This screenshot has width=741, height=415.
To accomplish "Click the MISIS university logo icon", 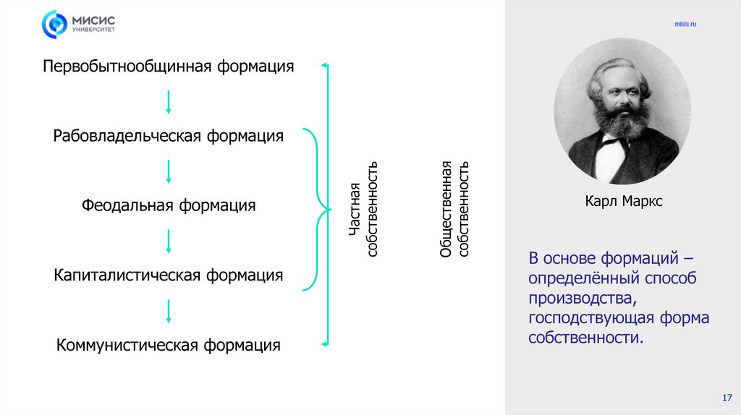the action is [x=54, y=24].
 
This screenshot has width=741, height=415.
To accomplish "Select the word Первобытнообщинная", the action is [x=125, y=67].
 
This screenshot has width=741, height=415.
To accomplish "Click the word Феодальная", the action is [x=127, y=205].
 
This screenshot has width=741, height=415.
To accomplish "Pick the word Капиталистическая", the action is [x=128, y=275].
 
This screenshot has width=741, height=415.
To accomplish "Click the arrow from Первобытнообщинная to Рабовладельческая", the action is [x=169, y=101].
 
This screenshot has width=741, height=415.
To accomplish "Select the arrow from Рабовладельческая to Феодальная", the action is [x=169, y=171].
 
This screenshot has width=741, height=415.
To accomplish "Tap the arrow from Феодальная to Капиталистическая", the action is [x=169, y=241].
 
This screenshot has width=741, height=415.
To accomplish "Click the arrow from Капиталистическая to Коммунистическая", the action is [x=169, y=310].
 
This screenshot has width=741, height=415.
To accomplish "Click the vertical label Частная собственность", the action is [x=363, y=210].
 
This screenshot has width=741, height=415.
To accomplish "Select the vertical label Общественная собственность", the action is [x=455, y=210].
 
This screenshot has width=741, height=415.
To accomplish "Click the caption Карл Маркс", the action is [x=624, y=202].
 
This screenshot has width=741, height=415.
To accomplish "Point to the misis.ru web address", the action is [x=685, y=24].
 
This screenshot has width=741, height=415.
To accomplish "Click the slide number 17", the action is [x=727, y=398].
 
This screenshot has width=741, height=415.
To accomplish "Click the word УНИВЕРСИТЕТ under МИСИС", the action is [x=93, y=31].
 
